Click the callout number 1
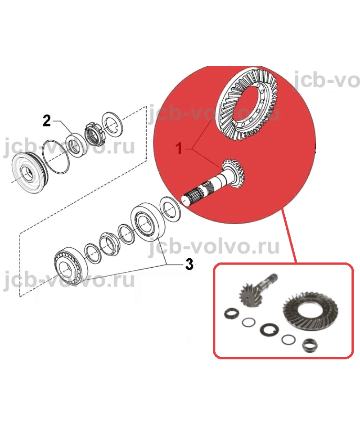tap(179, 148)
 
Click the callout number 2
tap(47, 121)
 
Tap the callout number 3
tap(189, 265)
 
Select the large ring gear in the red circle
tap(247, 104)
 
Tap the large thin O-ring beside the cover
tap(56, 157)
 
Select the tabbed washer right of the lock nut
tap(112, 124)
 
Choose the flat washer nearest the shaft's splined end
tap(171, 210)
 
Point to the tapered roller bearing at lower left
tap(71, 266)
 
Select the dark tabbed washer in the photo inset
tap(270, 329)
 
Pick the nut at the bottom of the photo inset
tap(310, 346)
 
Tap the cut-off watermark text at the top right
tap(327, 80)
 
